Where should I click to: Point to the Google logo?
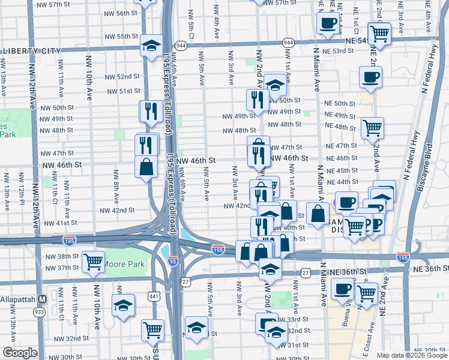coord(20,353)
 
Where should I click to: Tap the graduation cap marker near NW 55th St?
coord(151,45)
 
